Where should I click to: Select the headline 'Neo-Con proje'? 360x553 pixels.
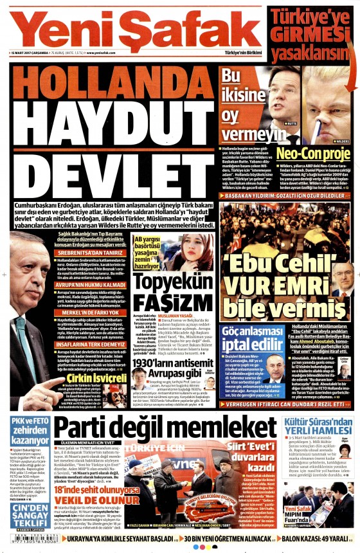pos(314,154)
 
